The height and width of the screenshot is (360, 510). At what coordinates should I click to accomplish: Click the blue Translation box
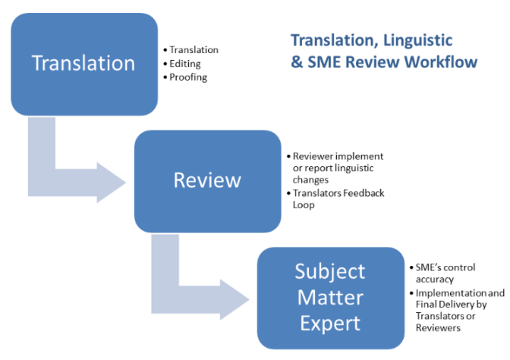click(x=83, y=62)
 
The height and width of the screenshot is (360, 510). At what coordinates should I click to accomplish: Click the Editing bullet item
click(x=185, y=64)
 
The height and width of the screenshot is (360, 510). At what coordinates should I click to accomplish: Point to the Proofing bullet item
click(x=188, y=77)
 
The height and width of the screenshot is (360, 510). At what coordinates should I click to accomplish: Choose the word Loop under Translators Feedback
click(x=303, y=205)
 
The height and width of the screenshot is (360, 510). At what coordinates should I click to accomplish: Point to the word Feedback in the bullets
click(x=365, y=193)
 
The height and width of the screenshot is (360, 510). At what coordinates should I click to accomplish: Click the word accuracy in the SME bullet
click(x=435, y=279)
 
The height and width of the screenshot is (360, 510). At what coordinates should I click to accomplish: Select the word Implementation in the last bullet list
click(x=448, y=292)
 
